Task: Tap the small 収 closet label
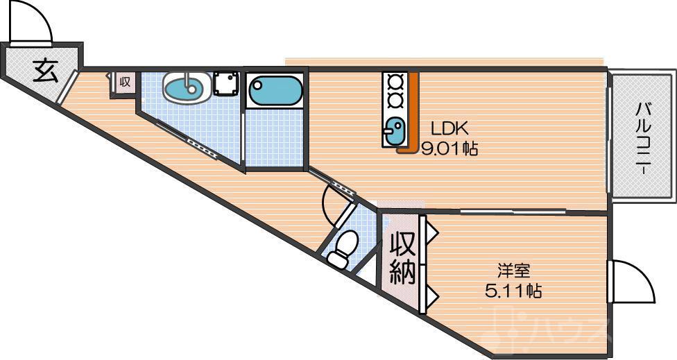pos(126,82)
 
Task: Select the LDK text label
pos(449,128)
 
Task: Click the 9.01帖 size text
pos(449,149)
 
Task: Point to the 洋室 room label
pos(513,271)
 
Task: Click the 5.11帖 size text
pos(513,291)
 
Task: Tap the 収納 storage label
pos(403,258)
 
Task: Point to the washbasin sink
pos(187,87)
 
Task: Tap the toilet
pos(343,249)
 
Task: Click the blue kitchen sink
pos(394,131)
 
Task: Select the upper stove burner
pos(394,81)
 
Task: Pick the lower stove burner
pos(394,101)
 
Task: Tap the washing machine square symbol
pos(225,85)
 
